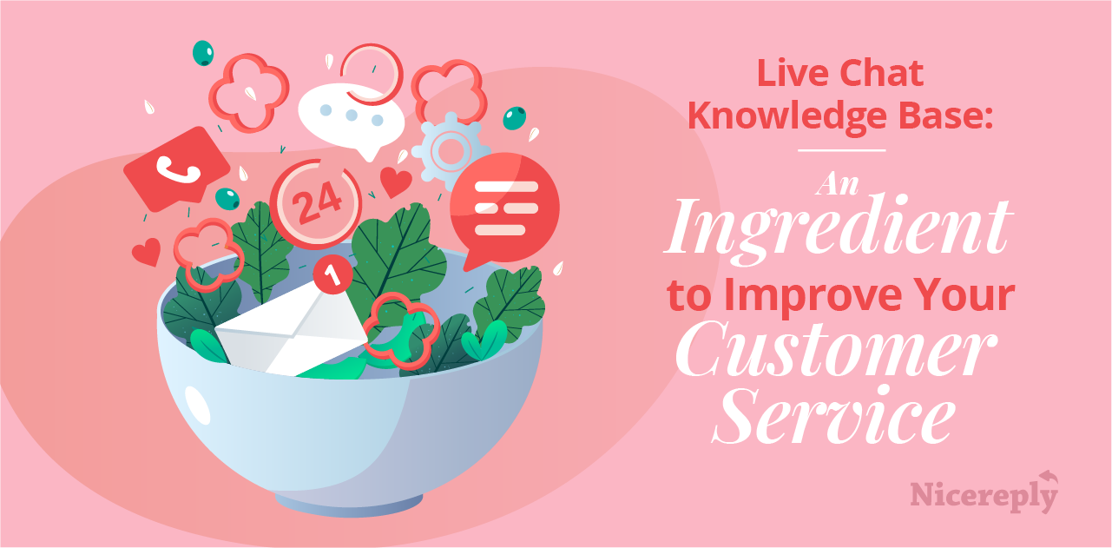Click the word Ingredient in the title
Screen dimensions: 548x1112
coord(838,228)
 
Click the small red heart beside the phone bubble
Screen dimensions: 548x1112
coord(145,252)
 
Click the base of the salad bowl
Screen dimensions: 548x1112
coord(347,501)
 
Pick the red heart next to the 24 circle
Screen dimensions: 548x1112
coord(396,182)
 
